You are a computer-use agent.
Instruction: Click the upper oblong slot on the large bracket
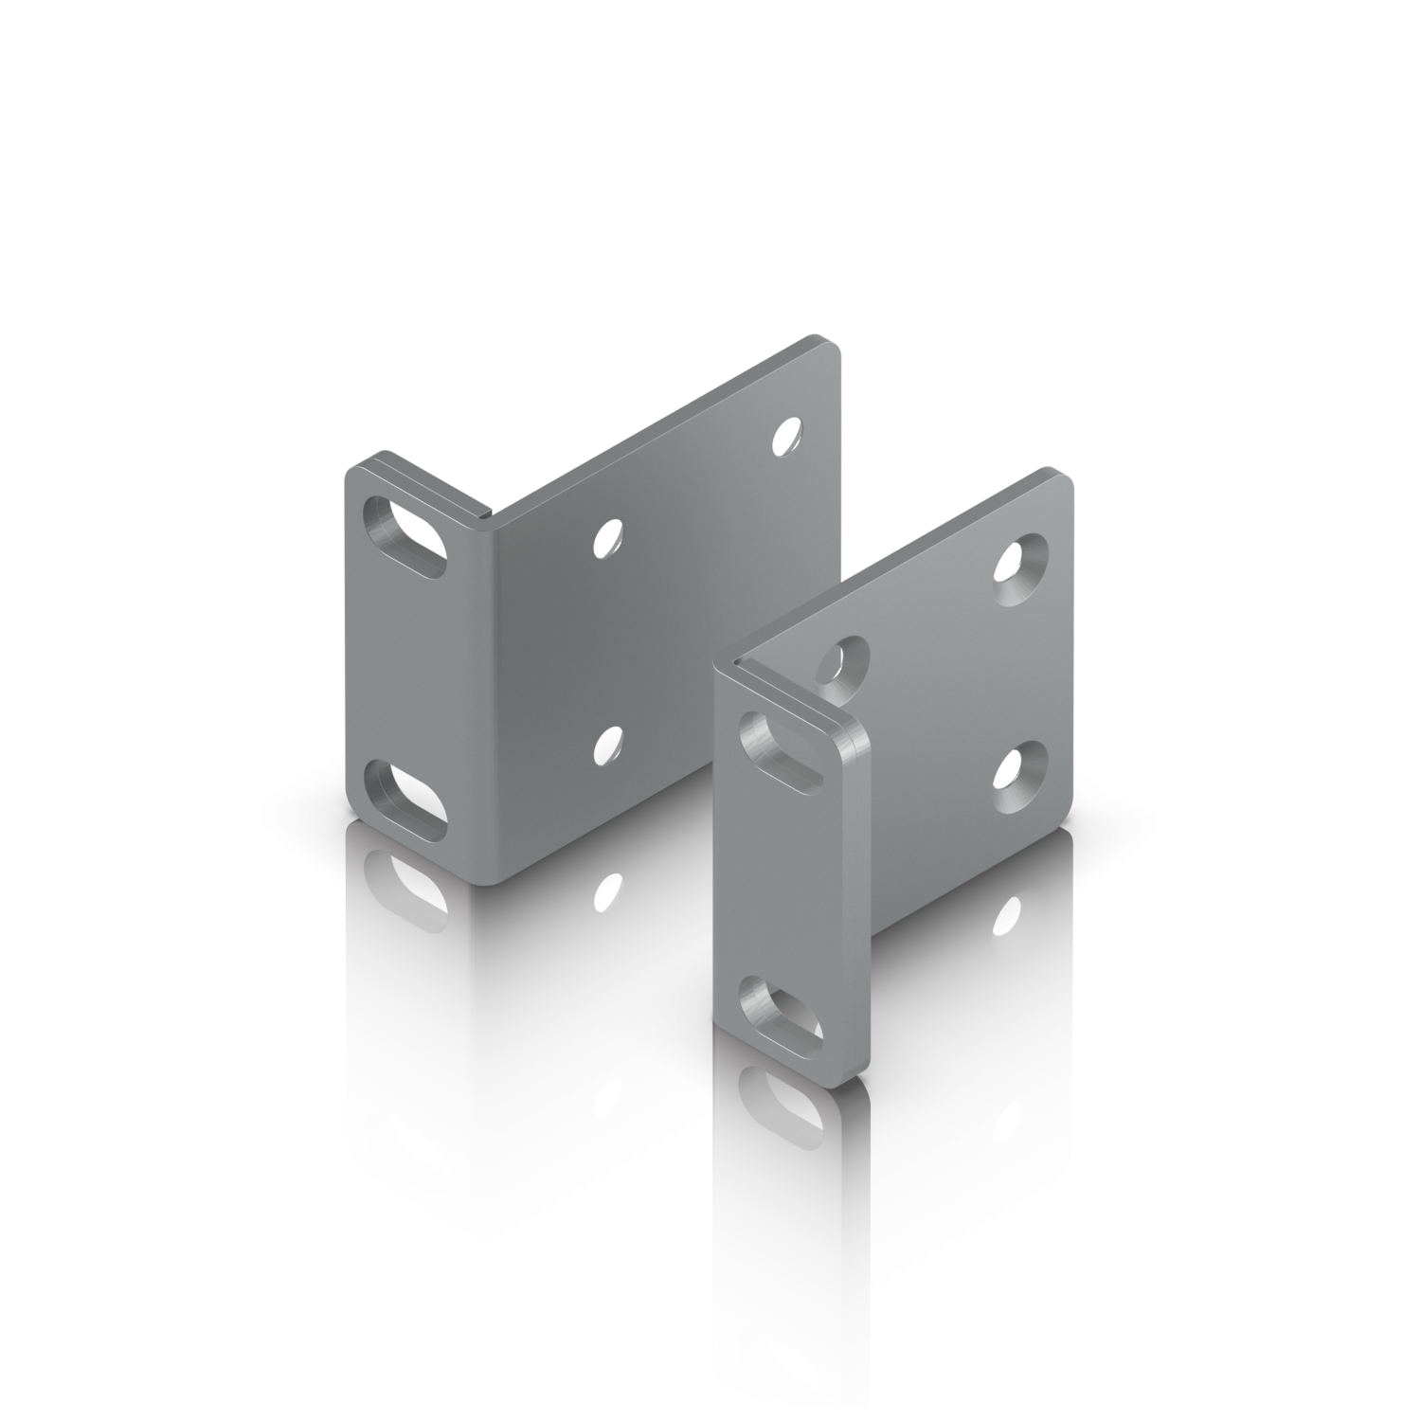pyautogui.click(x=405, y=534)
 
